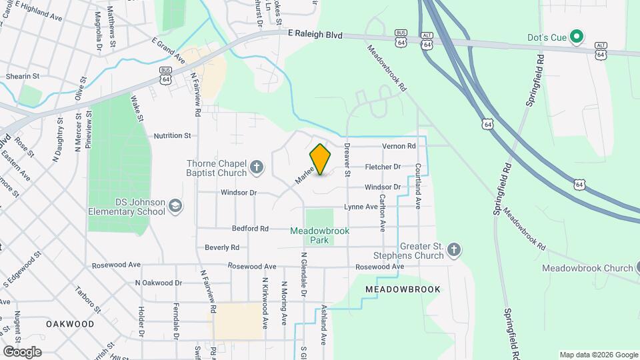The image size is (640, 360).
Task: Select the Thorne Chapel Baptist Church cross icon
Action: [257, 167]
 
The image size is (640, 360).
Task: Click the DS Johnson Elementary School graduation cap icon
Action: [175, 206]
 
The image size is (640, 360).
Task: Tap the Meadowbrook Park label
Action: [319, 235]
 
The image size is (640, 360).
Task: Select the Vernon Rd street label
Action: [399, 146]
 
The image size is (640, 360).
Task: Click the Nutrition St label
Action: [172, 135]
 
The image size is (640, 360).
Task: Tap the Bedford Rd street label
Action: [250, 228]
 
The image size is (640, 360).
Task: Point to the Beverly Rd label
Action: [222, 247]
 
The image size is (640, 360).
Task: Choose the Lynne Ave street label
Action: [361, 207]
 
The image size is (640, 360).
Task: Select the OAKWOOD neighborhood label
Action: [70, 323]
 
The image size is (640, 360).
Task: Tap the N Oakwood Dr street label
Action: [158, 283]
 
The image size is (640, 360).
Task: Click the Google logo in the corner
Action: [22, 351]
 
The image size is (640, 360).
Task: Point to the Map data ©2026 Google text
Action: [598, 355]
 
